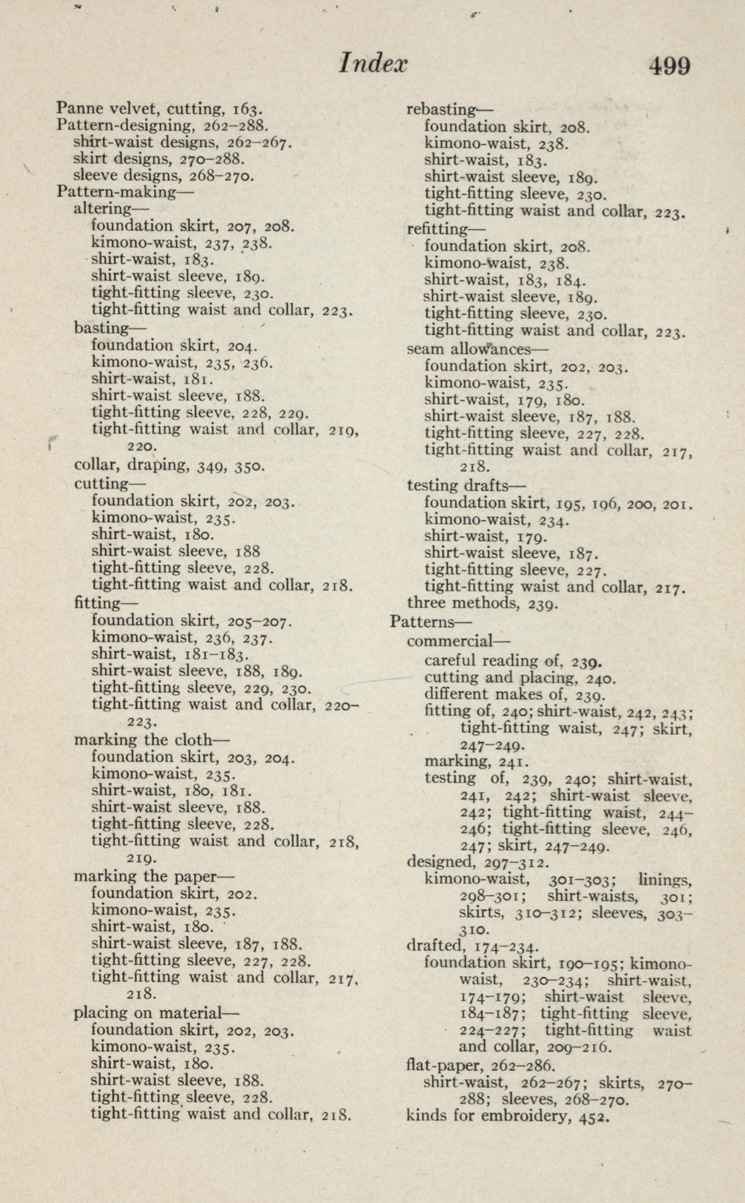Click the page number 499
tap(669, 65)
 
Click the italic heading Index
tap(373, 63)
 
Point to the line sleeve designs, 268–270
tap(163, 175)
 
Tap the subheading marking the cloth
tap(152, 739)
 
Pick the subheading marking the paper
tap(154, 876)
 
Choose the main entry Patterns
tap(430, 622)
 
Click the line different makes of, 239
tap(514, 694)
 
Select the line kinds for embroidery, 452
tap(508, 1115)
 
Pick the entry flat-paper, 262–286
tap(481, 1063)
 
